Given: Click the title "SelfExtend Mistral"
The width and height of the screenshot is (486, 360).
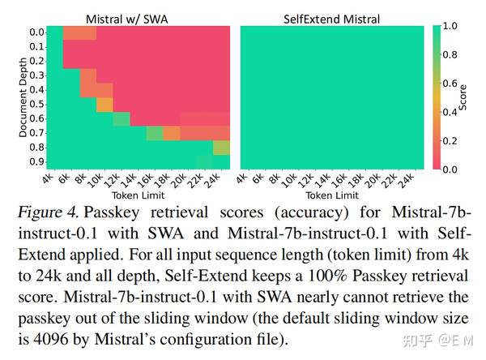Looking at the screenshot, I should (x=330, y=16).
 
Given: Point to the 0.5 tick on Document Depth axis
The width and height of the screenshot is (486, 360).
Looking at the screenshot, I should (x=36, y=104).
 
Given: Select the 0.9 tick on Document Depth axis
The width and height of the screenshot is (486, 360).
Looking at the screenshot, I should (x=36, y=161).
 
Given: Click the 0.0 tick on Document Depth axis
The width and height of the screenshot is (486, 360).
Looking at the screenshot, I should (x=36, y=32).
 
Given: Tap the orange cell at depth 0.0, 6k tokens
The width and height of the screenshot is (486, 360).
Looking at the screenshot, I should (x=79, y=32).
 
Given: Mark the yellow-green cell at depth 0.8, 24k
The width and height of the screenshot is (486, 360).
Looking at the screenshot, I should (x=221, y=148).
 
